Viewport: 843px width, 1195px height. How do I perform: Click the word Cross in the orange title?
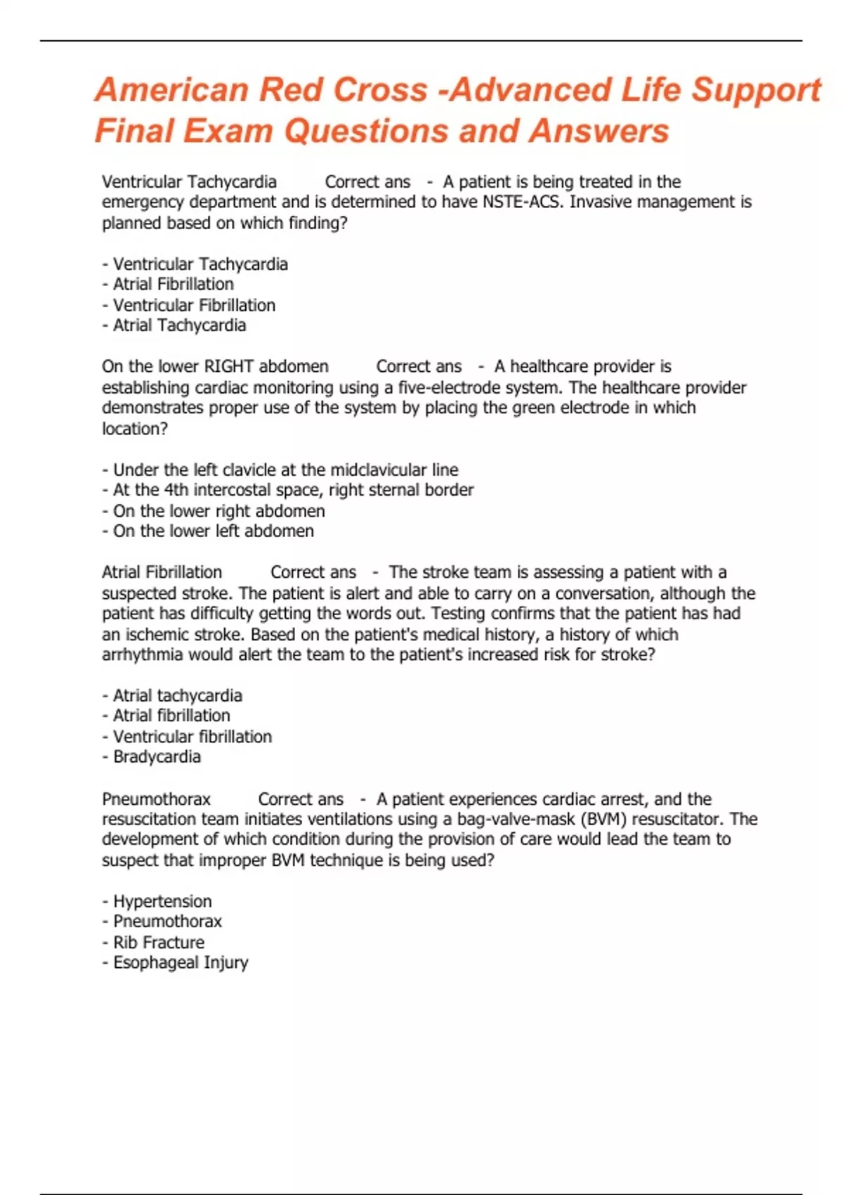point(379,90)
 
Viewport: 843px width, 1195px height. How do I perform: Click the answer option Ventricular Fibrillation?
point(194,305)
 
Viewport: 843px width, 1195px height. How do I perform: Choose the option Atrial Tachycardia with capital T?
point(179,325)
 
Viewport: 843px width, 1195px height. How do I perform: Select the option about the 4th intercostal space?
point(293,490)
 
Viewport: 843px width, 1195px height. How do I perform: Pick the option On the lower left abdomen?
point(213,531)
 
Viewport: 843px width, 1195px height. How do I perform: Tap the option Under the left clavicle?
point(285,470)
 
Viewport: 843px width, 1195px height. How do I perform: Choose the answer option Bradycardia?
point(157,756)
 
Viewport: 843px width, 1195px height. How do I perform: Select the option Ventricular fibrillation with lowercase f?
point(192,737)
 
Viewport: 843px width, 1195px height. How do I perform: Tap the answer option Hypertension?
point(162,901)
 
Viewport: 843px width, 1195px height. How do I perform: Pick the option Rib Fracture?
point(159,942)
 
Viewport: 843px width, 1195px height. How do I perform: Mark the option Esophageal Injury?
point(181,962)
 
